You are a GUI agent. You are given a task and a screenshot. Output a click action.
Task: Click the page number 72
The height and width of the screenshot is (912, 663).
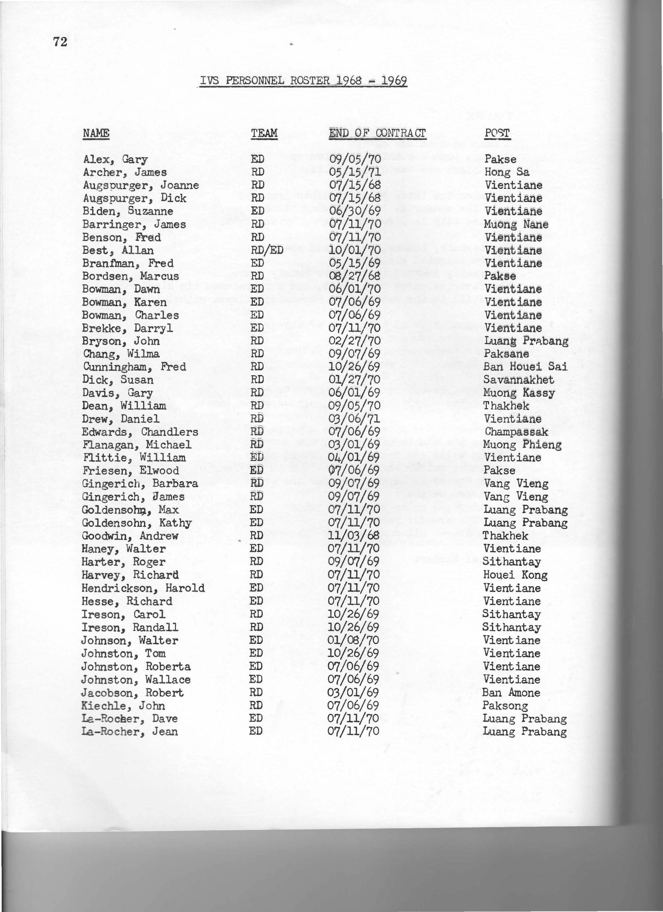click(60, 42)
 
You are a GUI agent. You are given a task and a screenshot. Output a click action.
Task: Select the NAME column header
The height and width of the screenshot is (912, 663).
click(96, 133)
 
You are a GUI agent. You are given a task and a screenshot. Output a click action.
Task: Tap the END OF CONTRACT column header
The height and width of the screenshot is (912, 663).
click(377, 133)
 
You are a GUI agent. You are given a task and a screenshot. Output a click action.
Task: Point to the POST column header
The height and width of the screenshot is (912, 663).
click(497, 133)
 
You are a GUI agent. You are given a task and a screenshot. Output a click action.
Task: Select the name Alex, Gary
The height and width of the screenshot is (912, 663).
click(115, 159)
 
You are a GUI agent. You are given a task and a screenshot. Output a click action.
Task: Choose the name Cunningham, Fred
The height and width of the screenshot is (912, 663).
click(134, 367)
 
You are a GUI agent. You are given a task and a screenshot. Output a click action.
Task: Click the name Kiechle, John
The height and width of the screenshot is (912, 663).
click(123, 705)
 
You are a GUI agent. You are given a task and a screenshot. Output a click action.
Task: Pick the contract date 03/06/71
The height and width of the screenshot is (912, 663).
click(354, 419)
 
